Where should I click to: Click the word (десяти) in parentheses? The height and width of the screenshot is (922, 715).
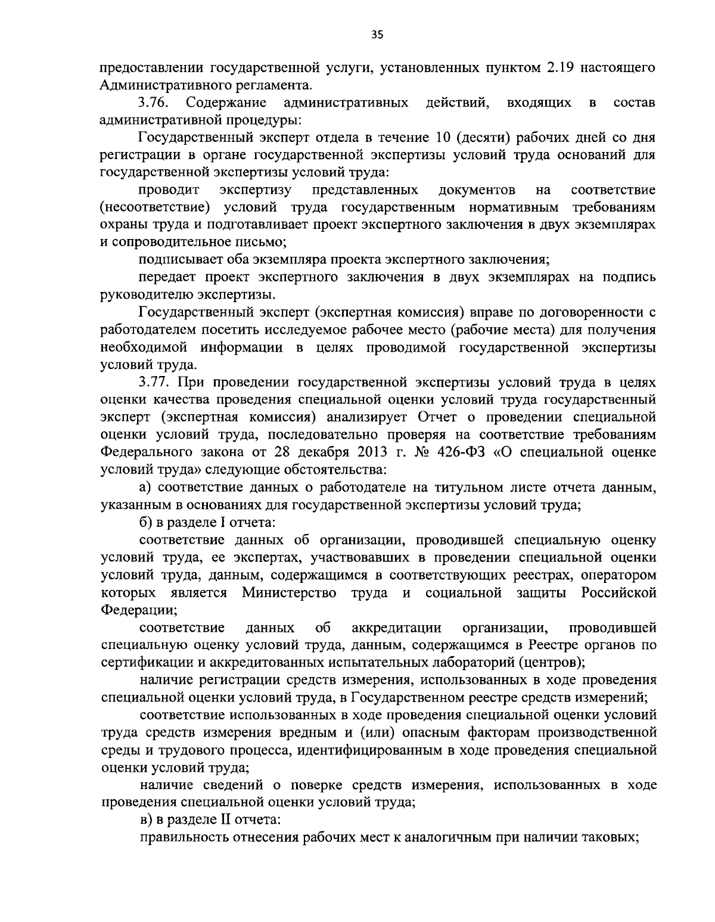click(x=483, y=139)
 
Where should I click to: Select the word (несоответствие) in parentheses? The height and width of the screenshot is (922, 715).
click(x=156, y=207)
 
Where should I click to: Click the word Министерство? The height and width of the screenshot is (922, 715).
click(x=289, y=593)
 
